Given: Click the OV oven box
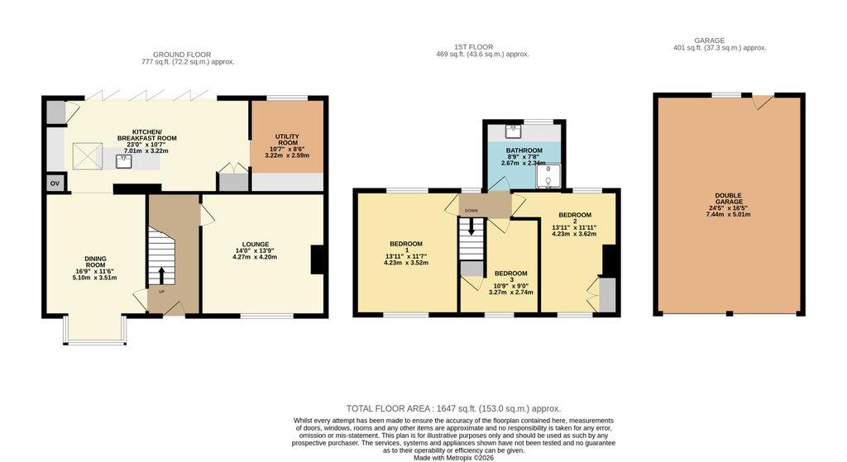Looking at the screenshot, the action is (x=55, y=183).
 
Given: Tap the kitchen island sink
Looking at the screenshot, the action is (x=124, y=161).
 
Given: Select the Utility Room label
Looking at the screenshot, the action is (x=287, y=140).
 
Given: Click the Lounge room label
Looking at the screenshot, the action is (x=255, y=245).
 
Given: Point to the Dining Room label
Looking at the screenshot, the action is (x=95, y=262).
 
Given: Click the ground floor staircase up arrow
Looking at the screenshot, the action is (x=161, y=274).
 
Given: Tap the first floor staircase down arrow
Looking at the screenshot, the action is (x=471, y=226).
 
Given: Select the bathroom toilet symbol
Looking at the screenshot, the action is (x=548, y=175).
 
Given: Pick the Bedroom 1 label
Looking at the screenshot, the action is (x=405, y=246).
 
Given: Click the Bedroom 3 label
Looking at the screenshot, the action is (x=510, y=276).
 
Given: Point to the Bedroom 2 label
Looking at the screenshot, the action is (x=575, y=217).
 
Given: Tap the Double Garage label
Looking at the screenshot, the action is (x=728, y=198).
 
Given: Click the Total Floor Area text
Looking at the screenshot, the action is (x=454, y=408).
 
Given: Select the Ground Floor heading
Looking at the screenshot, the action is (x=182, y=55).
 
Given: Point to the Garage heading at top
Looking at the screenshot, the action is (x=709, y=40).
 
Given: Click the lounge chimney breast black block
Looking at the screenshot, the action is (x=318, y=260).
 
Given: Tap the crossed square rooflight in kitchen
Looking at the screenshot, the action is (x=88, y=156).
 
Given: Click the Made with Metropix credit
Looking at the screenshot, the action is (x=453, y=458).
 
